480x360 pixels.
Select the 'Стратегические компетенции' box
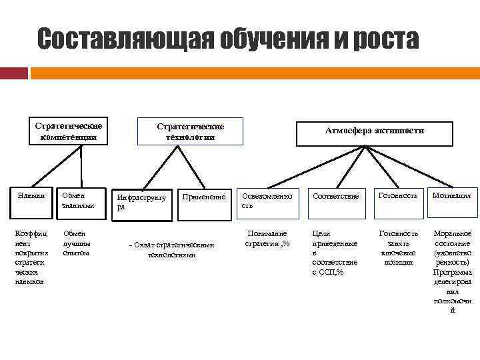69,131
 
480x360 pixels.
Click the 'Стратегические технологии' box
190,131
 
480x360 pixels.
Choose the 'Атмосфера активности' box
374,131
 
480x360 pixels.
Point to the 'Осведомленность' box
267,201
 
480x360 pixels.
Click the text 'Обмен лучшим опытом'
76,243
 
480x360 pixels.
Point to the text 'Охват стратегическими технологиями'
171,249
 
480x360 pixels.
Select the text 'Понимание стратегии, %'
267,239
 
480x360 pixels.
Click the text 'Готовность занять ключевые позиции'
399,248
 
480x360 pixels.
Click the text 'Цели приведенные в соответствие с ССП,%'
335,253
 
